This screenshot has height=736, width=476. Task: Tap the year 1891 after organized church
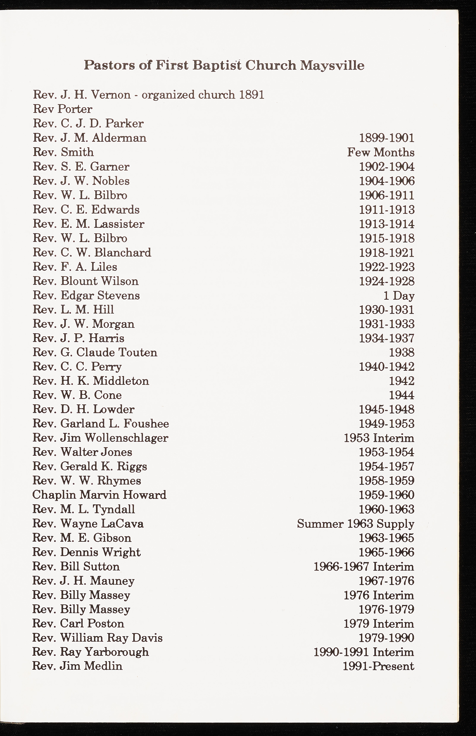[x=252, y=95]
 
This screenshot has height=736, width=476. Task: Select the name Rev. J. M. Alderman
[x=90, y=138]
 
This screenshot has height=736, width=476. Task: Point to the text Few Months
[x=381, y=152]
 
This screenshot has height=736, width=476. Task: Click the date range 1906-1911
[x=386, y=195]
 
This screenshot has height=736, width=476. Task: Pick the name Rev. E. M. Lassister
[x=89, y=224]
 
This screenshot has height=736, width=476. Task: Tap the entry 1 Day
[x=399, y=296]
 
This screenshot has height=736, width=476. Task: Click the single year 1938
[x=401, y=353]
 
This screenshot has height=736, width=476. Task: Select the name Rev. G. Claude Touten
[x=95, y=352]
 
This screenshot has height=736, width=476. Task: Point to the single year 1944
[x=401, y=395]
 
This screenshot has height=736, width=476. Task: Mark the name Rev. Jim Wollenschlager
[x=100, y=438]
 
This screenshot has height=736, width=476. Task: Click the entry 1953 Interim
[x=379, y=438]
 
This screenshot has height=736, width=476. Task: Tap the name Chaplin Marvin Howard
[x=99, y=495]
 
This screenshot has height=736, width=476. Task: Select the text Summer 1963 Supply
[x=355, y=524]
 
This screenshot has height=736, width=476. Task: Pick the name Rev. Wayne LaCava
[x=88, y=524]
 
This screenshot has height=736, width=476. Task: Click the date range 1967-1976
[x=386, y=581]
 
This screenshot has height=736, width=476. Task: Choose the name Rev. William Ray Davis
[x=97, y=638]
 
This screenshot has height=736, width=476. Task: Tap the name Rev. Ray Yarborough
[x=90, y=652]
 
